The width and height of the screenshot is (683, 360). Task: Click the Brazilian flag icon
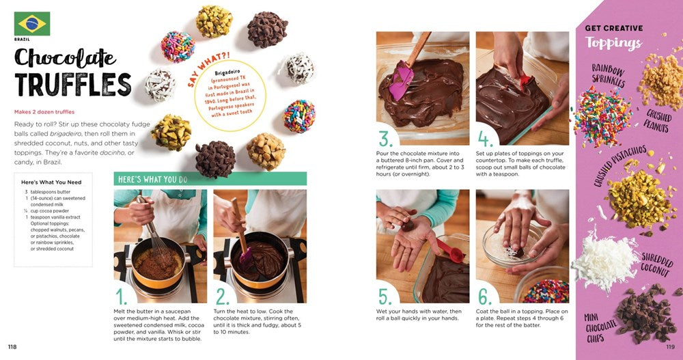[32, 23]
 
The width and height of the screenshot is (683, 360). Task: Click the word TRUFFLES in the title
[73, 84]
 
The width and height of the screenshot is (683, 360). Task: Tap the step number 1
[122, 296]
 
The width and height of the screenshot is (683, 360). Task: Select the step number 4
[485, 139]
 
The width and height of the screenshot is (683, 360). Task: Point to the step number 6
[485, 296]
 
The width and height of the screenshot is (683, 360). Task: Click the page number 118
[12, 347]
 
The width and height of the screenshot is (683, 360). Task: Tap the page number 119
[671, 347]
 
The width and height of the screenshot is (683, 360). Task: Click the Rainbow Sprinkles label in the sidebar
[609, 75]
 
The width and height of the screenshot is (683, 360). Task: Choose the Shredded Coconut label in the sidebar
[656, 264]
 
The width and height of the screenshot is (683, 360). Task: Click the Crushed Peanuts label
[658, 121]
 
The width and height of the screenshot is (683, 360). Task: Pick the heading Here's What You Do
[153, 179]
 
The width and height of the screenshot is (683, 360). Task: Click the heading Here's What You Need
[51, 182]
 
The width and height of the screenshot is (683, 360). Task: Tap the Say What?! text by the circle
[208, 69]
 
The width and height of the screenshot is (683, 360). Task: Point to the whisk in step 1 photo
[153, 232]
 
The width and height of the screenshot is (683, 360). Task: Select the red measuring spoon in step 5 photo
[450, 251]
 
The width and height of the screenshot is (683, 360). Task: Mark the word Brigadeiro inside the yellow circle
[227, 72]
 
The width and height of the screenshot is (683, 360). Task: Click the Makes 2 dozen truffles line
[44, 112]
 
